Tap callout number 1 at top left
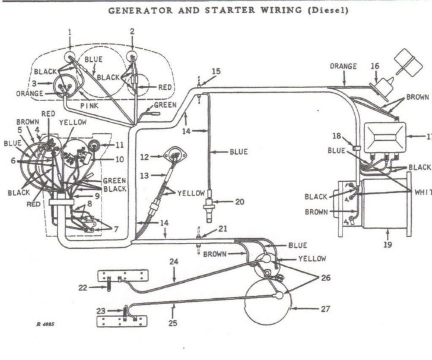pyautogui.click(x=69, y=31)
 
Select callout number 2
pyautogui.click(x=132, y=31)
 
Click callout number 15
pyautogui.click(x=215, y=71)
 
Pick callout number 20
pyautogui.click(x=239, y=202)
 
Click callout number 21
pyautogui.click(x=223, y=229)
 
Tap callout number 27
pyautogui.click(x=325, y=308)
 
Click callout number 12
pyautogui.click(x=144, y=157)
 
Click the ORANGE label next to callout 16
pyautogui.click(x=343, y=66)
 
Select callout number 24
pyautogui.click(x=173, y=261)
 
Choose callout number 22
pyautogui.click(x=82, y=288)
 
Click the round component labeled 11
pyautogui.click(x=93, y=145)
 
